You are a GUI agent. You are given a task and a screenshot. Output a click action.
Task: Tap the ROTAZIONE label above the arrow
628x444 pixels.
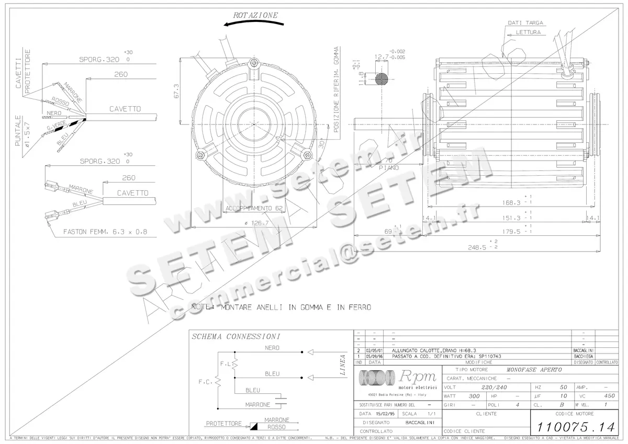[x=256, y=15]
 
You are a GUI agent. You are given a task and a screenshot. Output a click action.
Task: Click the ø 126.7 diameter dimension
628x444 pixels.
[x=252, y=223]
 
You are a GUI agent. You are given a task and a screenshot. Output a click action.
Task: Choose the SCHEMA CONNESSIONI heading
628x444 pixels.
[x=235, y=336]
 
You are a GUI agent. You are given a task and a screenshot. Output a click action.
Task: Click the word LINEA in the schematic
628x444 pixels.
[x=343, y=365]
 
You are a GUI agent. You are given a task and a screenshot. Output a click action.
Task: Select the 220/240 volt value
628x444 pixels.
[x=494, y=388]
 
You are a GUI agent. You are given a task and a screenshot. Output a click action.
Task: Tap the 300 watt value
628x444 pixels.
[x=474, y=396]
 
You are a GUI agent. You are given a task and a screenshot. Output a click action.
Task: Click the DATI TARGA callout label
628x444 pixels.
[x=525, y=23]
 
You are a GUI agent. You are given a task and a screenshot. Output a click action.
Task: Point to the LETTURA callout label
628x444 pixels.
[x=528, y=32]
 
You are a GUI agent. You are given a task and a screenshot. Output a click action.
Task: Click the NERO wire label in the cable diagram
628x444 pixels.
[x=54, y=113]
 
